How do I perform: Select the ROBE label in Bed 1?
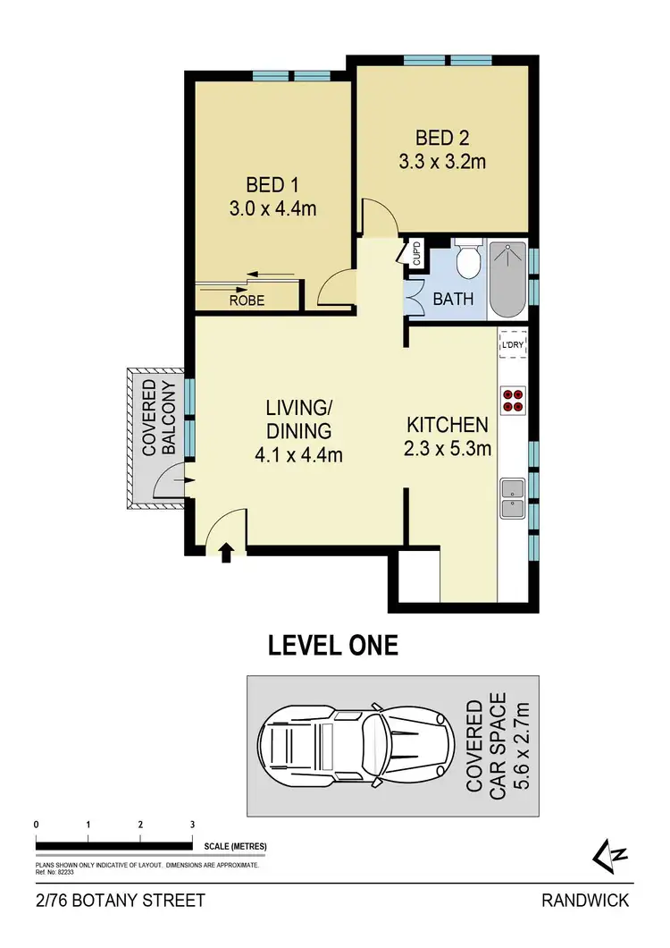pyautogui.click(x=247, y=300)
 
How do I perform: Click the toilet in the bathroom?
pyautogui.click(x=466, y=261)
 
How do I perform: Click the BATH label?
pyautogui.click(x=454, y=300)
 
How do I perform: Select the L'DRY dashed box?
pyautogui.click(x=513, y=344)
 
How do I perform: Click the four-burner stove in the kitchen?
pyautogui.click(x=513, y=399)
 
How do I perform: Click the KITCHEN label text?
pyautogui.click(x=448, y=425)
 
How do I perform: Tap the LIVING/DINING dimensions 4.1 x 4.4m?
pyautogui.click(x=298, y=454)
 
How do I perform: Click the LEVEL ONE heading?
pyautogui.click(x=333, y=646)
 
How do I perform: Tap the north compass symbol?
pyautogui.click(x=612, y=854)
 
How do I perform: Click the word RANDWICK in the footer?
pyautogui.click(x=585, y=901)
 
